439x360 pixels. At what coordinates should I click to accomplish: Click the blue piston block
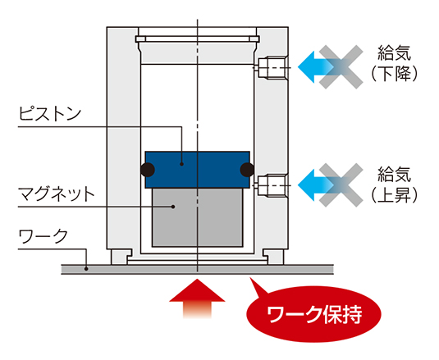point(198,170)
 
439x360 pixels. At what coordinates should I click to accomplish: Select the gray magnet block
point(198,217)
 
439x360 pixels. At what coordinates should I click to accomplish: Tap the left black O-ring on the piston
point(148,170)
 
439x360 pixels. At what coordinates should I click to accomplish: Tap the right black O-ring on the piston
point(247,170)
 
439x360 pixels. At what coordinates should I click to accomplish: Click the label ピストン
point(50,114)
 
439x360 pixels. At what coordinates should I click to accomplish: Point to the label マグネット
point(57,194)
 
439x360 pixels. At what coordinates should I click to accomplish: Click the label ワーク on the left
point(43,236)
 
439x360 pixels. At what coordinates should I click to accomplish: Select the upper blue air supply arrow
point(317,67)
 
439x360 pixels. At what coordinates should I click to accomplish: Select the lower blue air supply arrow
point(317,185)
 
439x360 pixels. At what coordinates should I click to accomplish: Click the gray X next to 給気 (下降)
point(341,67)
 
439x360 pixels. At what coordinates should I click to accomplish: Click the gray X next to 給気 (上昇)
point(341,185)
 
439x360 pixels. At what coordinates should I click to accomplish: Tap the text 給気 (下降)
point(394,63)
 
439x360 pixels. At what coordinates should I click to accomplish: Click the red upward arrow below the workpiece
point(197,298)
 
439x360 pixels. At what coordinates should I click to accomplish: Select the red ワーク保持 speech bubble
point(313,313)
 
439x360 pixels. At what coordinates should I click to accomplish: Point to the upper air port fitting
point(272,68)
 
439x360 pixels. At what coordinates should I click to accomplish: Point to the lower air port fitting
point(272,185)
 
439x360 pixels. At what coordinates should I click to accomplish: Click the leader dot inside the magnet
point(173,207)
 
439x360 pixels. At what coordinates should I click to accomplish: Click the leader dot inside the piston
point(181,164)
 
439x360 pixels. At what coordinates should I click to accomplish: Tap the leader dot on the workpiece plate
point(86,269)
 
